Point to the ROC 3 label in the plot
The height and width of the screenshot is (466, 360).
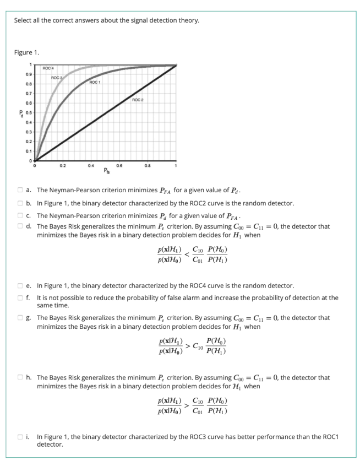57,78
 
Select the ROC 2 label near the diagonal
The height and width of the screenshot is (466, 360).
138,100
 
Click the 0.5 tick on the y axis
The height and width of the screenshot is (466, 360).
26,112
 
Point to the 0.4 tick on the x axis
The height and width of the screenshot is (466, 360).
91,165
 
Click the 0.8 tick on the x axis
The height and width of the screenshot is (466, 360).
148,165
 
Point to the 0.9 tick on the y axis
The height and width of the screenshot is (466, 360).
26,74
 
